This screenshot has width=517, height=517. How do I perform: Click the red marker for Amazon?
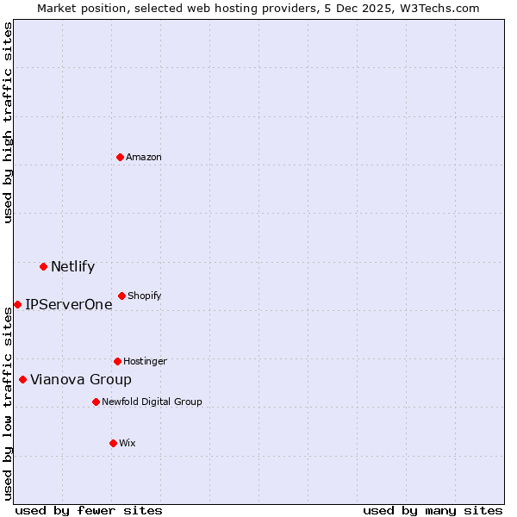pyautogui.click(x=120, y=157)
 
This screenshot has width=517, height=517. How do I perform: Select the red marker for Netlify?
pyautogui.click(x=43, y=266)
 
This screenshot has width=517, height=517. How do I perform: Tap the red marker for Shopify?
pyautogui.click(x=121, y=296)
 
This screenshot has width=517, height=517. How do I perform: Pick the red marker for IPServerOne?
pyautogui.click(x=17, y=304)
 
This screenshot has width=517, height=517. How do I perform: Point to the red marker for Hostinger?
pyautogui.click(x=117, y=361)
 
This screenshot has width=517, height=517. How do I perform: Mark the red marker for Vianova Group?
pyautogui.click(x=22, y=379)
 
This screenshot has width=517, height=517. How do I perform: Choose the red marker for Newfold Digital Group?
pyautogui.click(x=96, y=402)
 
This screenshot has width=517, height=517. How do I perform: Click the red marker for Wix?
pyautogui.click(x=113, y=443)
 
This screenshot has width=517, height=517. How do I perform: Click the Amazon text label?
pyautogui.click(x=144, y=157)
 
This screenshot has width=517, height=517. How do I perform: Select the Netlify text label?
pyautogui.click(x=73, y=266)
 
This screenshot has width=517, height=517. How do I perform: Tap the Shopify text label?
pyautogui.click(x=145, y=296)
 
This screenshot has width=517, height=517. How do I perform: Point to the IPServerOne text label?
pyautogui.click(x=69, y=304)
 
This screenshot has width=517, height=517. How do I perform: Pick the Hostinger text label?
pyautogui.click(x=145, y=361)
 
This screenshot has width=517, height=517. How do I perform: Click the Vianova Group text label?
pyautogui.click(x=81, y=379)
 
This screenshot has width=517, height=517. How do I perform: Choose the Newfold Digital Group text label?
pyautogui.click(x=152, y=402)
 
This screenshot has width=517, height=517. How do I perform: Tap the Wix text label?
pyautogui.click(x=128, y=443)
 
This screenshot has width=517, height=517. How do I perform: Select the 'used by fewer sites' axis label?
pyautogui.click(x=89, y=510)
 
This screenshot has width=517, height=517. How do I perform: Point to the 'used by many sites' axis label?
pyautogui.click(x=433, y=510)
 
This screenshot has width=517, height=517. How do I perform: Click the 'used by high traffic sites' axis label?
pyautogui.click(x=8, y=122)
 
